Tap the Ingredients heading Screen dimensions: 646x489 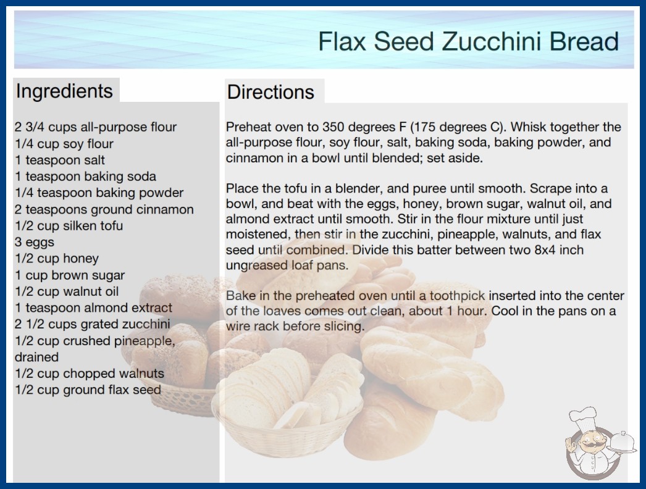click(64, 91)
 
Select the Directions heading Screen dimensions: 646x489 click(271, 92)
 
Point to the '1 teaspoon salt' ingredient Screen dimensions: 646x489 click(60, 160)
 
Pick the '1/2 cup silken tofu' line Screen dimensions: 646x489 click(69, 225)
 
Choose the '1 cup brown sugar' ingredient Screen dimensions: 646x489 click(70, 275)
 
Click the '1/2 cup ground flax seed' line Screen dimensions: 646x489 click(88, 390)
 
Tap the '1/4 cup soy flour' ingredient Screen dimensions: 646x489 click(64, 143)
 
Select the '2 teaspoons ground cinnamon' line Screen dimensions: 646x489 click(104, 209)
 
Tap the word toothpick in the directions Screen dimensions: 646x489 click(457, 296)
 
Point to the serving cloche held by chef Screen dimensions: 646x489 click(623, 443)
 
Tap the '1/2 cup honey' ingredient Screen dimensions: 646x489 click(57, 258)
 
